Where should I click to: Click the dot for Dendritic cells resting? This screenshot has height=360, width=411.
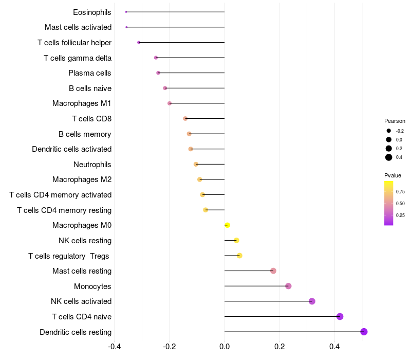click(x=364, y=332)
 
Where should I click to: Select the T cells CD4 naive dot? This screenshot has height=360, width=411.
click(x=340, y=316)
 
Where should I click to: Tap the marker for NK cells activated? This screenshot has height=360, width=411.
click(x=312, y=301)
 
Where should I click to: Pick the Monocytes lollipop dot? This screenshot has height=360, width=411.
click(x=288, y=286)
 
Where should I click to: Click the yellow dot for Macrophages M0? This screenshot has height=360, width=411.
click(x=227, y=225)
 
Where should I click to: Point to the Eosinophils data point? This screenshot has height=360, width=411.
click(x=126, y=12)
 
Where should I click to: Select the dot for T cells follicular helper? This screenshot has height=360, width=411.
click(x=139, y=42)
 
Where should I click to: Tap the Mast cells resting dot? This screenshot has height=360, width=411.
click(x=273, y=271)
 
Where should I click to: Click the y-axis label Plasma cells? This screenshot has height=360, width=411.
click(x=90, y=73)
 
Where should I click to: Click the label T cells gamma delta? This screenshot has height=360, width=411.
click(x=78, y=58)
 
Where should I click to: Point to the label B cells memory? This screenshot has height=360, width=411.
click(x=85, y=134)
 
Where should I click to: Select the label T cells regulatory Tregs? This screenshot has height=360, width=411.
click(x=70, y=256)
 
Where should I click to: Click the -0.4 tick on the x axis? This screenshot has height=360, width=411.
click(x=115, y=346)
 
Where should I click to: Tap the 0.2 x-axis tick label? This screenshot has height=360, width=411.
click(x=279, y=346)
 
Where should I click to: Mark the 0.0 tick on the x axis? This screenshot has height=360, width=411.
click(x=225, y=346)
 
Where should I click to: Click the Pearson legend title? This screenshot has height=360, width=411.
click(x=395, y=121)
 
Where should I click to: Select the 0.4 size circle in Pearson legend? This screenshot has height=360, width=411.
click(x=389, y=157)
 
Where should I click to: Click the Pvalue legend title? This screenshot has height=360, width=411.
click(x=393, y=175)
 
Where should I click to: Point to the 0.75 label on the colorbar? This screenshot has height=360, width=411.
click(x=401, y=191)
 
